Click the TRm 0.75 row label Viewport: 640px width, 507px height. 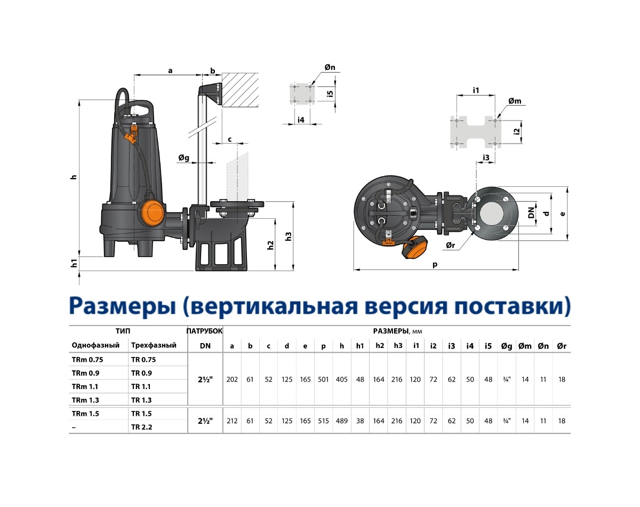87,360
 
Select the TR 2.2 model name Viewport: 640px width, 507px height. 141,427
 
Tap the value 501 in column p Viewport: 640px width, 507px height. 323,379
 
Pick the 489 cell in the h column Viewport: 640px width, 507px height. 342,421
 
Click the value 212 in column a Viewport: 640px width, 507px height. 232,421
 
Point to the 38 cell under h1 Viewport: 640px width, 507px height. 360,421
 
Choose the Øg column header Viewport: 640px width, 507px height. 507,346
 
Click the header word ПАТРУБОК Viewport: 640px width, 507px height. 205,331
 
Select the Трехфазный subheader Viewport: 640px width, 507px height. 154,345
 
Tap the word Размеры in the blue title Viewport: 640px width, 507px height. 123,306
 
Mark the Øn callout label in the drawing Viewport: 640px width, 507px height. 330,67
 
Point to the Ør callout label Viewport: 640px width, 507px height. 450,245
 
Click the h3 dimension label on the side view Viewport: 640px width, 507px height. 288,236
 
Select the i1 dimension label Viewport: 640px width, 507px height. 476,90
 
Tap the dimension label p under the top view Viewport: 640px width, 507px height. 435,264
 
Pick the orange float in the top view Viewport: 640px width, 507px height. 414,247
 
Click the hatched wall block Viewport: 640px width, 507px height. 240,90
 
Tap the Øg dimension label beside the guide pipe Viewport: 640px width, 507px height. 184,157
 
